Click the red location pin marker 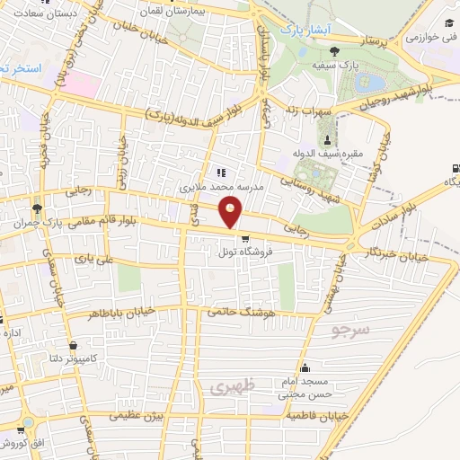(x=232, y=213)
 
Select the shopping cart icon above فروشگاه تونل (x=244, y=238)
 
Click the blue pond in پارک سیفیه (x=367, y=84)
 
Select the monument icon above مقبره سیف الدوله (x=326, y=138)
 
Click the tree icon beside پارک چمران (x=36, y=205)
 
